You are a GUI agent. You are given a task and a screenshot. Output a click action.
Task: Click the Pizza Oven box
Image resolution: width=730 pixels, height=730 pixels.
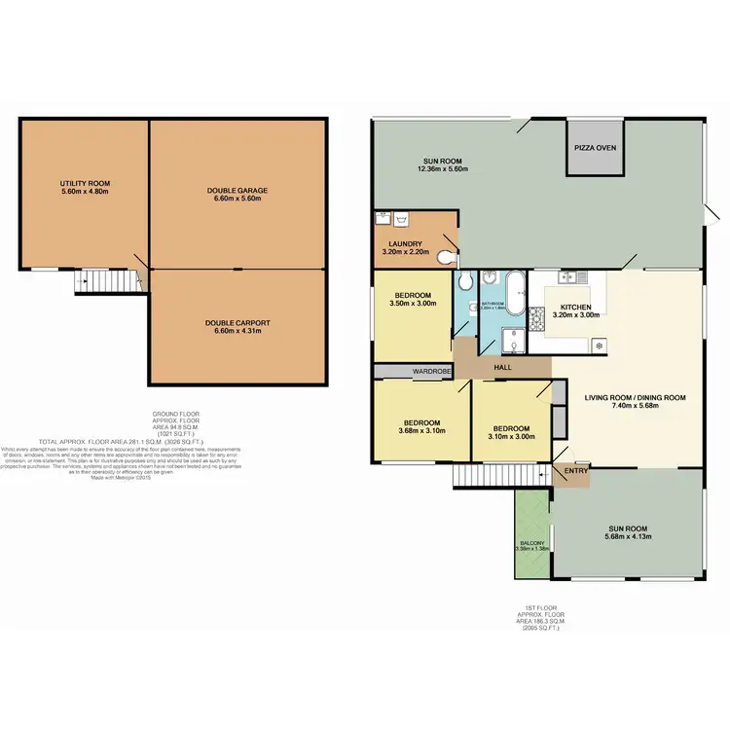(x=594, y=150)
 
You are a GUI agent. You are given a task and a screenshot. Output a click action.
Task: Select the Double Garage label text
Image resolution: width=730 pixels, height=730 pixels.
(x=237, y=190)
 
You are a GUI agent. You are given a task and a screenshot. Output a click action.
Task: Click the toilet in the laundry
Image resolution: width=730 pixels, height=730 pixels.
(x=446, y=258)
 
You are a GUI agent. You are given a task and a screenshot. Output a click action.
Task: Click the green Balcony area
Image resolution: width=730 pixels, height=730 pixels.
(x=532, y=532)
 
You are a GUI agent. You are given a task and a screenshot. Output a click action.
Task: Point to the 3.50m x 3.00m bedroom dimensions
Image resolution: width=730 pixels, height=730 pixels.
(x=413, y=303)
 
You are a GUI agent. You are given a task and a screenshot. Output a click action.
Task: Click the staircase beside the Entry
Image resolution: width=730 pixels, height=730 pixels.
(x=481, y=475)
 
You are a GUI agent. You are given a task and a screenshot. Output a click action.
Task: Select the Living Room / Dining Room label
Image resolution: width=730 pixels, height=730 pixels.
(x=635, y=397)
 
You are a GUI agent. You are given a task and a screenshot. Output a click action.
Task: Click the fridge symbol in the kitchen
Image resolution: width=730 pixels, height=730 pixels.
(x=598, y=345)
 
